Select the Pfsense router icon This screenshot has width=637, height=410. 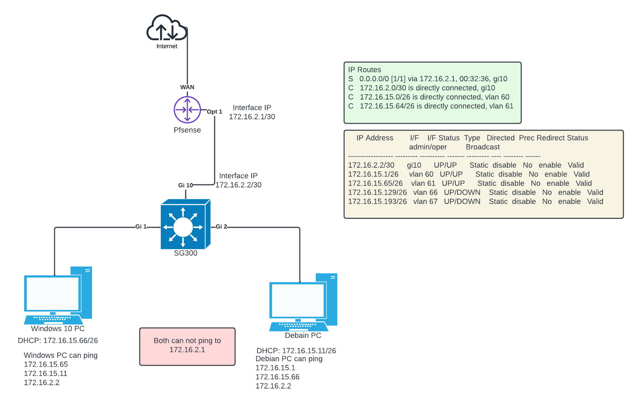point(187,110)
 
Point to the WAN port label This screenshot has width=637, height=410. point(187,87)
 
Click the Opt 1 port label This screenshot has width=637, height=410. point(214,112)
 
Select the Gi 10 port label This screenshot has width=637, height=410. point(185,185)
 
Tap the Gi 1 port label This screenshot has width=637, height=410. point(141,227)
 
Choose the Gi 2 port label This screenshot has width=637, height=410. point(221,227)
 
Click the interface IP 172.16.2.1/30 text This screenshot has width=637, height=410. point(252,117)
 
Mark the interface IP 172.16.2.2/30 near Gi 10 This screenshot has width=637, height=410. point(238,185)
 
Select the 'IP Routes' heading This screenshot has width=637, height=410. point(364,70)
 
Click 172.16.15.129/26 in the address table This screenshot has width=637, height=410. point(377,193)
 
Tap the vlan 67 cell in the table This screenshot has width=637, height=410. point(425,202)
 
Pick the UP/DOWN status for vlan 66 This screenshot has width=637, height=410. point(462,193)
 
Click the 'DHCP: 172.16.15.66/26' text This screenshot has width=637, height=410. point(58,340)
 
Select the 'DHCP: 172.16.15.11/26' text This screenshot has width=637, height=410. point(296,351)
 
